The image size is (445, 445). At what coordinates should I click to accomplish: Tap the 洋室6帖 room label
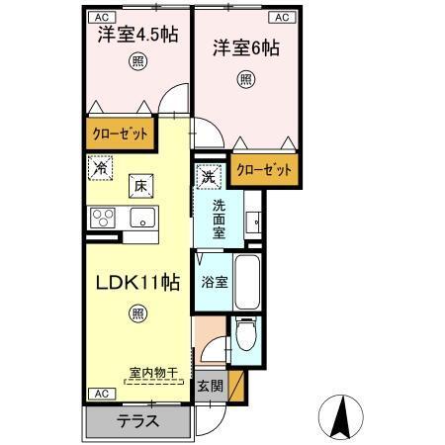point(244,45)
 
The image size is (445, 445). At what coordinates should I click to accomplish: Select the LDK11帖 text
point(136,283)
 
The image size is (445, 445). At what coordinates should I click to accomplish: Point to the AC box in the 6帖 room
point(281,17)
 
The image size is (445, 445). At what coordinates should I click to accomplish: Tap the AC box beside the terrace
point(101,393)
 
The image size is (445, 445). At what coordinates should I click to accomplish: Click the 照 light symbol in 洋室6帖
point(245,79)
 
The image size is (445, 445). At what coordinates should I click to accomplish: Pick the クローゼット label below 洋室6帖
point(264,170)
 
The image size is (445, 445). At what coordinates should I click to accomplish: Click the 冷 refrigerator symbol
point(100,169)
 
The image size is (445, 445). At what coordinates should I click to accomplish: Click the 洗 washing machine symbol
point(209,178)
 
